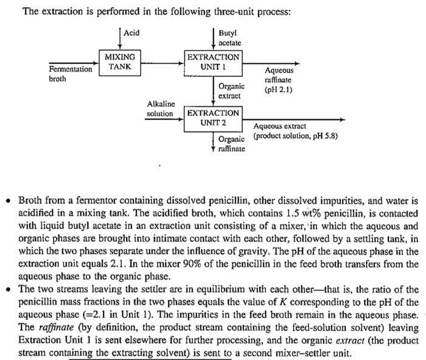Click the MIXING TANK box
119,62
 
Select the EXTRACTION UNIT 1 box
213,62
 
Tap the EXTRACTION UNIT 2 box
213,118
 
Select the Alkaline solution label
160,109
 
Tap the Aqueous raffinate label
279,76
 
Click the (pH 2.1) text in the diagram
279,90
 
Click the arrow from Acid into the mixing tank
119,40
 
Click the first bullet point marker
10,201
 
